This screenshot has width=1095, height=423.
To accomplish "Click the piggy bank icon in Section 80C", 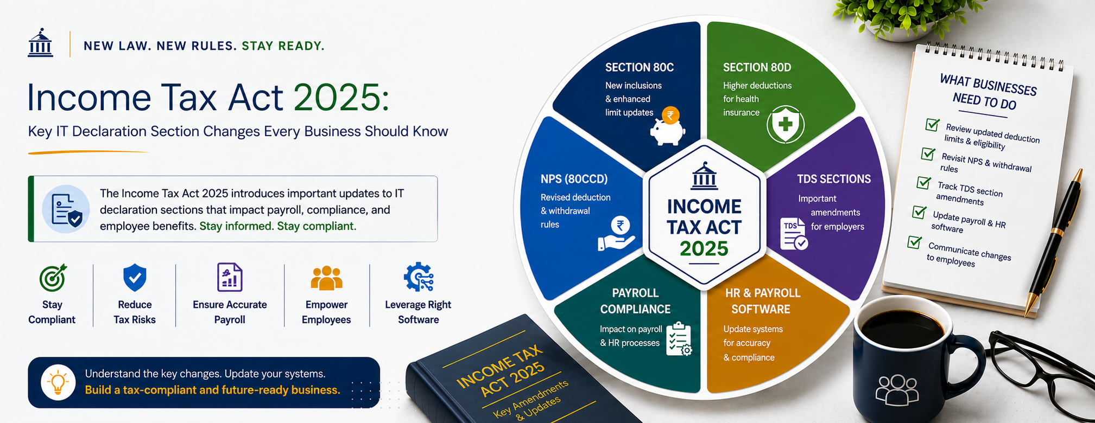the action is click(x=668, y=126).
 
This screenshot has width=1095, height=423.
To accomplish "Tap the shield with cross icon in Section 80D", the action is click(x=785, y=125).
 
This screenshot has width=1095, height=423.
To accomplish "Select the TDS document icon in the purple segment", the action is click(x=794, y=234).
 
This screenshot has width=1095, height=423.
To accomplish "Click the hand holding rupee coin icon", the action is click(x=617, y=234).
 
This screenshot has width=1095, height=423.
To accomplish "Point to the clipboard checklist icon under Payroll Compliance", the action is click(x=679, y=339).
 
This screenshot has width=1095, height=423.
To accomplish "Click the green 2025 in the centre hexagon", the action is click(x=704, y=248).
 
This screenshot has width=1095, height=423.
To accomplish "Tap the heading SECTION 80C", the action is click(x=640, y=67).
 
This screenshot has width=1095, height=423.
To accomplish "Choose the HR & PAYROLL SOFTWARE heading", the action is click(x=762, y=301).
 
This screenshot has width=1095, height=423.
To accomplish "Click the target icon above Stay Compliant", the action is click(x=53, y=278).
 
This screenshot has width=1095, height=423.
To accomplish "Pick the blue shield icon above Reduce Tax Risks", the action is click(x=135, y=278).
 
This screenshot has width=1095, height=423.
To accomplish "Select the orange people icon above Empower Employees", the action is click(x=326, y=278).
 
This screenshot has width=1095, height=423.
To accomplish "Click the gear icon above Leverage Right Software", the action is click(x=419, y=278).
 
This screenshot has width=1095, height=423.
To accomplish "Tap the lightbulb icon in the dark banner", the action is click(x=58, y=383).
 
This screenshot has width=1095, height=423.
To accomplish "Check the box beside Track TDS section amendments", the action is click(x=923, y=182).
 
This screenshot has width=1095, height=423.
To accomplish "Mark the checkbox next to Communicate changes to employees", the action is click(x=915, y=242).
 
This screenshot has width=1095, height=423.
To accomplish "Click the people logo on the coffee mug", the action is click(x=897, y=389).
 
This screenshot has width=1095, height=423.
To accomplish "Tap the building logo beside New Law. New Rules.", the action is click(x=41, y=43).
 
